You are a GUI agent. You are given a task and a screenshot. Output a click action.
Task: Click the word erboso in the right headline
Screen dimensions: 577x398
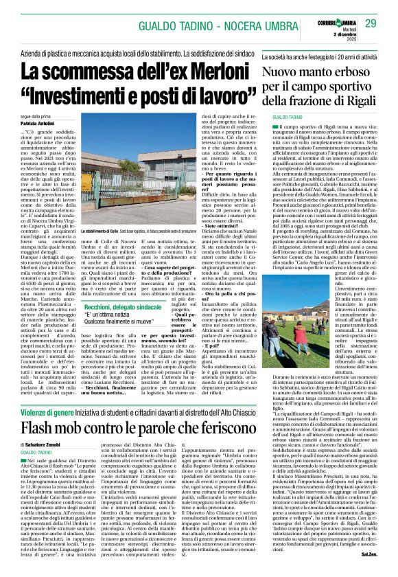[358, 71]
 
